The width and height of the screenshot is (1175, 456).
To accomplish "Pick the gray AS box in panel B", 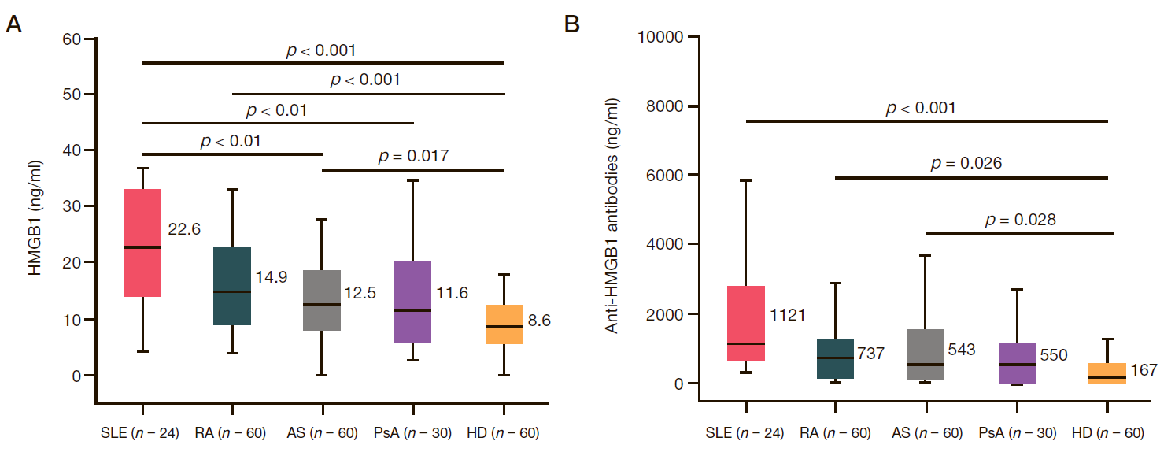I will [x=926, y=354].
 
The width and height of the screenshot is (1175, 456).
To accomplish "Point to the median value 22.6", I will [x=184, y=230].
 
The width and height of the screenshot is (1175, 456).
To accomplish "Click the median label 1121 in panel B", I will [x=787, y=337].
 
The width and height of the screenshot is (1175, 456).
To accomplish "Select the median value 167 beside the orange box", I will [x=1144, y=369].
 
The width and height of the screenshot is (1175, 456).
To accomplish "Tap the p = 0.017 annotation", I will [x=413, y=156].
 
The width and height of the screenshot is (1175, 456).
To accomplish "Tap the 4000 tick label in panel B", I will [x=667, y=244].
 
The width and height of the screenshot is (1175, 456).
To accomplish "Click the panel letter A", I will [x=13, y=25].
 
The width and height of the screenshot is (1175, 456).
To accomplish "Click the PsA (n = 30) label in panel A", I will [x=413, y=433].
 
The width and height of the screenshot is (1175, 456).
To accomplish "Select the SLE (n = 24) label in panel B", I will [x=744, y=433].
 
